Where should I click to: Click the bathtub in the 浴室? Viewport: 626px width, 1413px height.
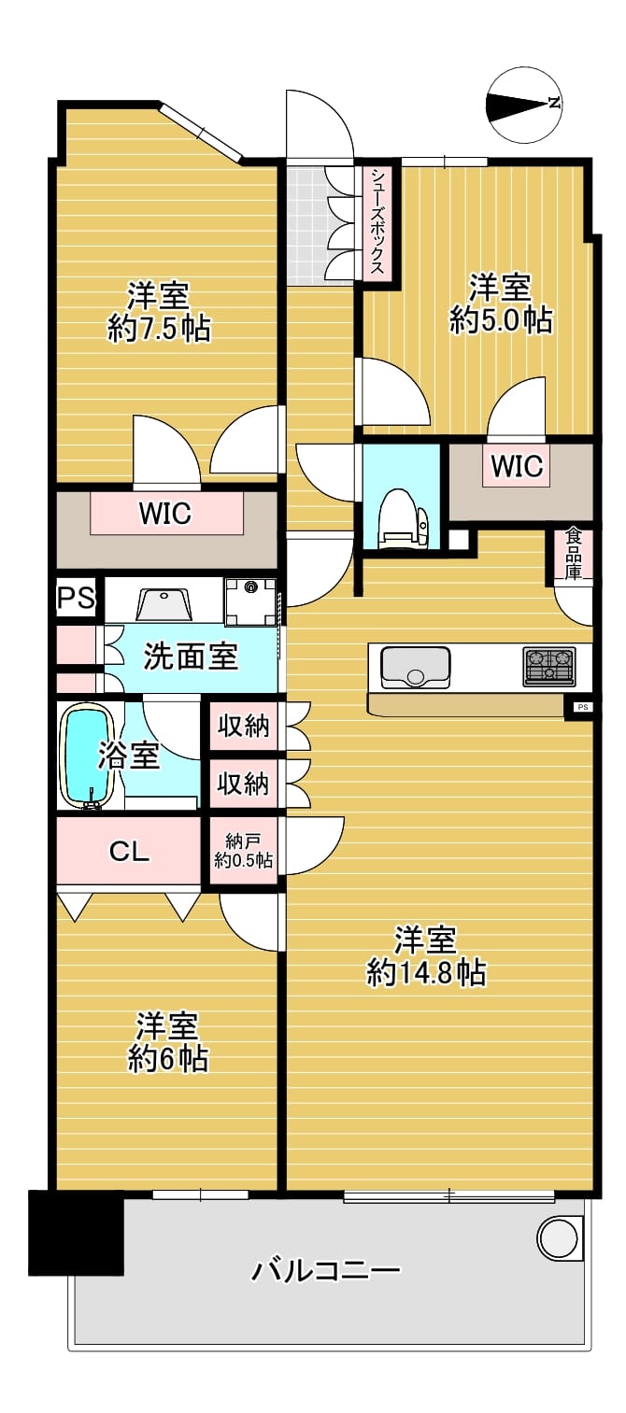click(x=88, y=756)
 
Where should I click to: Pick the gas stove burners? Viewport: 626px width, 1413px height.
click(x=548, y=667)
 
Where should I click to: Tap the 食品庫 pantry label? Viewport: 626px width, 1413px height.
click(x=573, y=554)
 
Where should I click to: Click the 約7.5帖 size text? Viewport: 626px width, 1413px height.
click(x=159, y=329)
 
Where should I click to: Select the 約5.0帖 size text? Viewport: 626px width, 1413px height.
click(x=501, y=320)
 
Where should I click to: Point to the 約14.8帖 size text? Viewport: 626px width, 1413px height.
click(x=427, y=973)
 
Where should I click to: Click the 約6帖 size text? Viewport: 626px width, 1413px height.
click(x=168, y=1059)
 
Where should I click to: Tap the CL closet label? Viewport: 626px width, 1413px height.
click(x=129, y=852)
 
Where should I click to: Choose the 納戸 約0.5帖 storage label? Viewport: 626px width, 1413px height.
click(x=243, y=851)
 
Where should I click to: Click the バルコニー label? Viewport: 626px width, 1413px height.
click(x=326, y=1268)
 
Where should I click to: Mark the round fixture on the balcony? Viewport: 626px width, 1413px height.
click(x=558, y=1237)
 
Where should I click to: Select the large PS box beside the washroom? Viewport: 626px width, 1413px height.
click(x=77, y=596)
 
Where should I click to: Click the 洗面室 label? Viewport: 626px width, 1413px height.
click(x=190, y=657)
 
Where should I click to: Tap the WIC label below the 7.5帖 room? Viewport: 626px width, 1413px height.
click(x=165, y=514)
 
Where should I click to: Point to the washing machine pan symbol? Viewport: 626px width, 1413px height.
click(x=250, y=601)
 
